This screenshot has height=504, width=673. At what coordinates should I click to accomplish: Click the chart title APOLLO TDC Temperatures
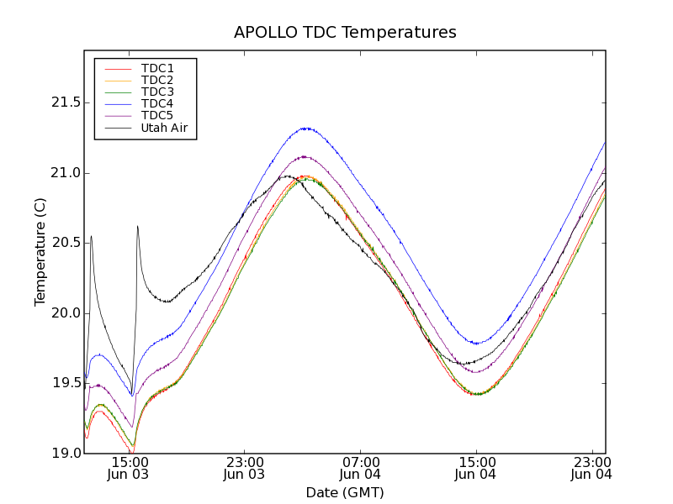345,33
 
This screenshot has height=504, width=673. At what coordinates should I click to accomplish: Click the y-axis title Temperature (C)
40,252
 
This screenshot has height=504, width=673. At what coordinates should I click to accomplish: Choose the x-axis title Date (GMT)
345,492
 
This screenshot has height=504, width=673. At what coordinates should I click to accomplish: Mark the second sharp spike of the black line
137,226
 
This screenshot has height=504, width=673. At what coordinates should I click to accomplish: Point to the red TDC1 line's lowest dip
132,454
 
